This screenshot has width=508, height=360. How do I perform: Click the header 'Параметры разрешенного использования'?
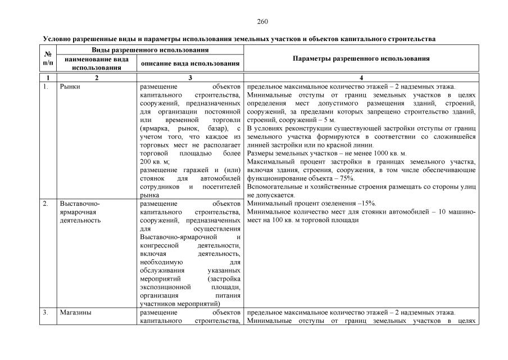coord(361,58)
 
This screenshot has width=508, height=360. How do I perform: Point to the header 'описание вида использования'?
coord(190,64)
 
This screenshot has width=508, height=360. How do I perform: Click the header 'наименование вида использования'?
coord(96,63)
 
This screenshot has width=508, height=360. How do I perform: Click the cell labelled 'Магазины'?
coord(75,313)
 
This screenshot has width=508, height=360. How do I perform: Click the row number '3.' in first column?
coord(46,313)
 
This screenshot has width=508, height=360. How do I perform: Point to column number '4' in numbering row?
coord(361,78)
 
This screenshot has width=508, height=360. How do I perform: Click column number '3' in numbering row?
coord(190,78)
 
